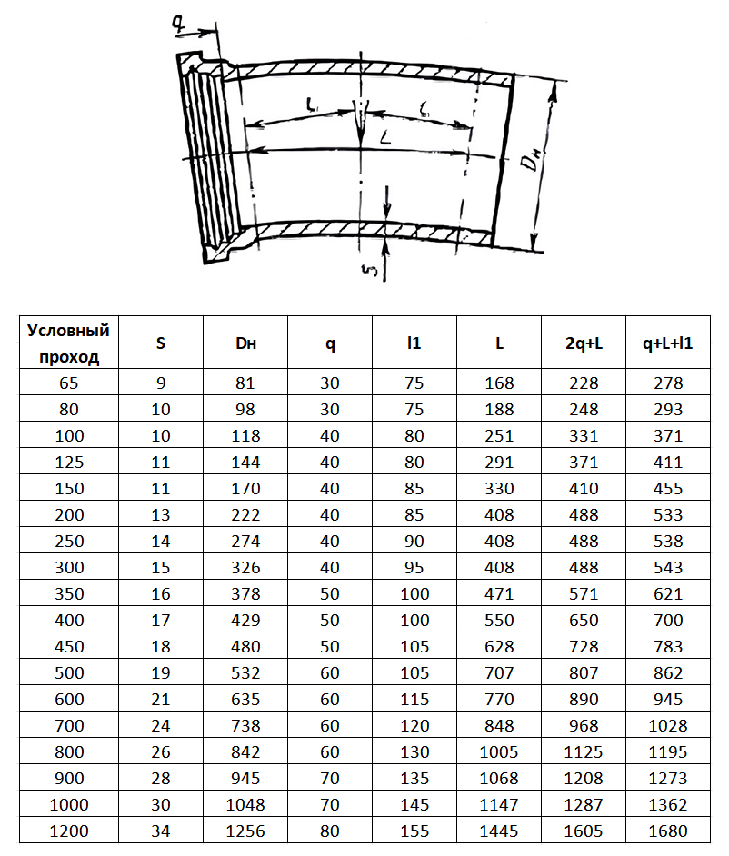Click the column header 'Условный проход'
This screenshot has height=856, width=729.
[x=69, y=343]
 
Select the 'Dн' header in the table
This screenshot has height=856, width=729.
[x=245, y=343]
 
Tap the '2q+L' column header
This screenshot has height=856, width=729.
[x=584, y=343]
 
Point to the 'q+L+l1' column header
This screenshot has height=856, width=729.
[x=668, y=343]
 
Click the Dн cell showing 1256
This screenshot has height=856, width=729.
[x=245, y=830]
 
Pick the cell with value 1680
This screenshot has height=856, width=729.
[x=668, y=830]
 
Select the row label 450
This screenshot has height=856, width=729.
[x=69, y=647]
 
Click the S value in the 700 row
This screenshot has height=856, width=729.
[x=161, y=725]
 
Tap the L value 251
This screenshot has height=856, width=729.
[x=499, y=436]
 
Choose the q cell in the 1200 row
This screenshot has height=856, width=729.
[x=330, y=830]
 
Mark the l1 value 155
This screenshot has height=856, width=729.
[x=414, y=830]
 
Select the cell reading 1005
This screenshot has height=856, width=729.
[x=499, y=751]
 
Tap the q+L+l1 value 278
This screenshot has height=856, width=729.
[x=668, y=383]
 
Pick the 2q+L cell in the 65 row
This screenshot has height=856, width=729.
[x=584, y=383]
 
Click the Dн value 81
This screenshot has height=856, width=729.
[x=245, y=383]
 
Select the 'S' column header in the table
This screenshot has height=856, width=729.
[x=161, y=343]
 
